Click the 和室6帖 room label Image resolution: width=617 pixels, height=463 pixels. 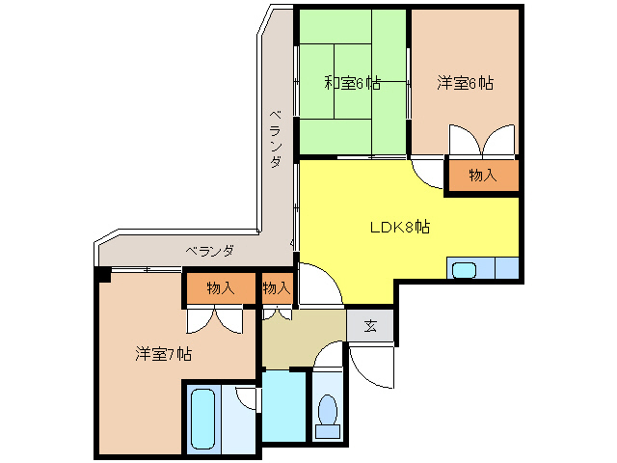pos(352,84)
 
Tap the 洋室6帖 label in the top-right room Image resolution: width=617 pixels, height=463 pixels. pos(465,84)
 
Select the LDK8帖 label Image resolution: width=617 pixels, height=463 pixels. pos(400,229)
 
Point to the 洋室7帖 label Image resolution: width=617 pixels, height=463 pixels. pos(163,354)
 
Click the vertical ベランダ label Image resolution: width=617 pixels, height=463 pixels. pos(275,139)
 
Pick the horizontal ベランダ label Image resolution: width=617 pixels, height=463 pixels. pos(209,252)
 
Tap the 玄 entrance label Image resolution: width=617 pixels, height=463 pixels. pos(370,325)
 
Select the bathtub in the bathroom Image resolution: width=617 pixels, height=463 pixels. pos(202,417)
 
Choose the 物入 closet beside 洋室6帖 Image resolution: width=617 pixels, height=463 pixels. pos(482,176)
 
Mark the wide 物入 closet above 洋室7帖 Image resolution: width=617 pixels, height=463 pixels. pos(221,287)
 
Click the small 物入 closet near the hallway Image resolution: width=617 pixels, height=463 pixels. pos(277,287)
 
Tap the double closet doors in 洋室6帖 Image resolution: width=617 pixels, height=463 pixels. pos(482,141)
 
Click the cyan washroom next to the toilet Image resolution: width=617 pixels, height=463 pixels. pos(284,405)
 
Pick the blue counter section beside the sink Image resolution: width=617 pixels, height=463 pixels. pos(506,269)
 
